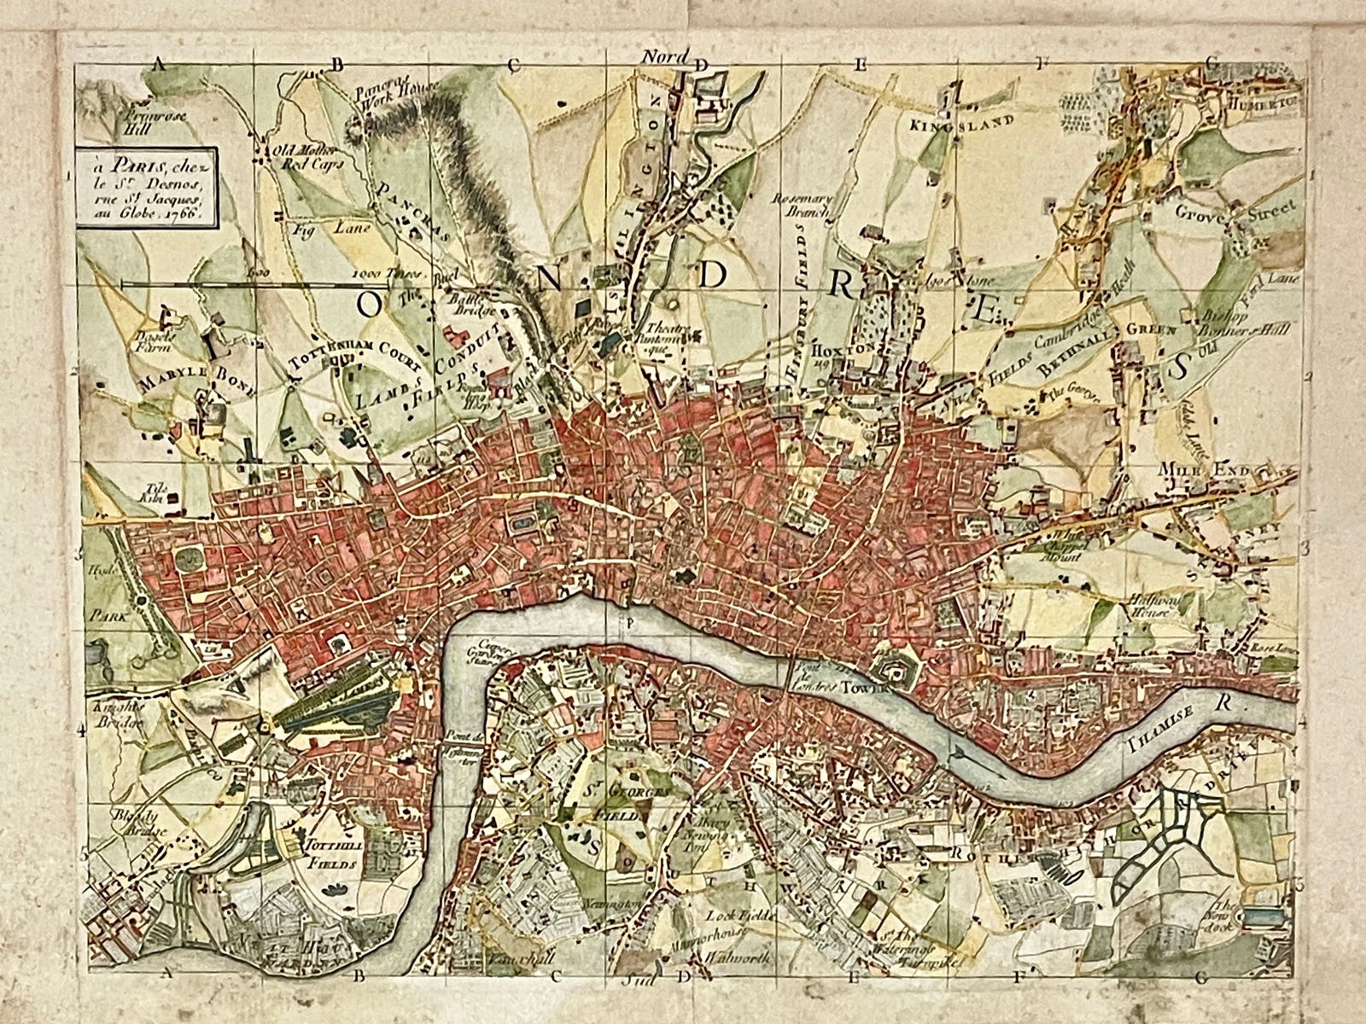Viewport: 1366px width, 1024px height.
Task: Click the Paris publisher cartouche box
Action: (x=145, y=186)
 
